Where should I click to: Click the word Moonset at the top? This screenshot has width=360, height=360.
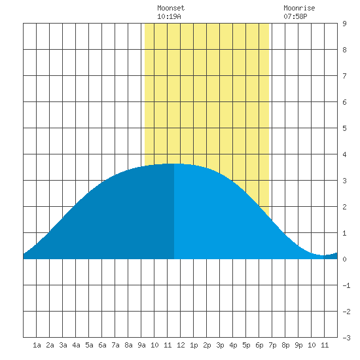tap(171, 8)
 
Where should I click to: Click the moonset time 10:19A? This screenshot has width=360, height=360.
tap(169, 16)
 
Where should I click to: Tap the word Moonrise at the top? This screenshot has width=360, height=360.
tap(299, 8)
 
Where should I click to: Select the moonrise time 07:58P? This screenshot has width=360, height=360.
tap(295, 16)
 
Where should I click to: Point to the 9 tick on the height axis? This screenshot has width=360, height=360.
tap(344, 24)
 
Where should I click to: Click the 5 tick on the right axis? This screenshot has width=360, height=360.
tap(344, 128)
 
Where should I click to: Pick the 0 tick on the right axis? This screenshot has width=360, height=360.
tap(344, 259)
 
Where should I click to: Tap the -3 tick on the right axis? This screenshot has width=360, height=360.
tap(346, 338)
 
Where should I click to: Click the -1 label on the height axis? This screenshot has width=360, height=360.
tap(346, 285)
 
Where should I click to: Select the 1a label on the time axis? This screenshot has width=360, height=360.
tap(37, 345)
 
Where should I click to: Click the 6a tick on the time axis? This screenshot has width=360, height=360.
tap(102, 345)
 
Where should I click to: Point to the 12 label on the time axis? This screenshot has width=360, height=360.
tap(181, 345)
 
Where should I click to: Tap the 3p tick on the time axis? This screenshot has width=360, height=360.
tap(220, 345)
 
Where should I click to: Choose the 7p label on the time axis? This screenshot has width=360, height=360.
tap(272, 345)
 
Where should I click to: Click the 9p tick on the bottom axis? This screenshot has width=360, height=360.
tap(298, 345)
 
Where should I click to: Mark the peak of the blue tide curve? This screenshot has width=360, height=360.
tap(174, 164)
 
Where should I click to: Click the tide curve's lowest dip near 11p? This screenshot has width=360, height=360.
tap(323, 255)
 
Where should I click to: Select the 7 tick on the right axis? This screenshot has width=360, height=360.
tap(344, 76)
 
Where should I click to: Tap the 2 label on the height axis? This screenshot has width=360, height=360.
tap(344, 207)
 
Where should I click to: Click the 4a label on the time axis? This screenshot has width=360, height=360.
tap(76, 345)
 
